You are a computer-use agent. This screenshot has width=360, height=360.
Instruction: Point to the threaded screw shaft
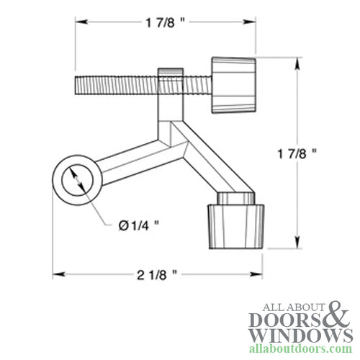(115, 84)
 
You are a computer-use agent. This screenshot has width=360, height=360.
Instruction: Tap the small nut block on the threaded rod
(171, 82)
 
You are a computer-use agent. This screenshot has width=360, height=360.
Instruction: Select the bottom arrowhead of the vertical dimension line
(297, 244)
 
